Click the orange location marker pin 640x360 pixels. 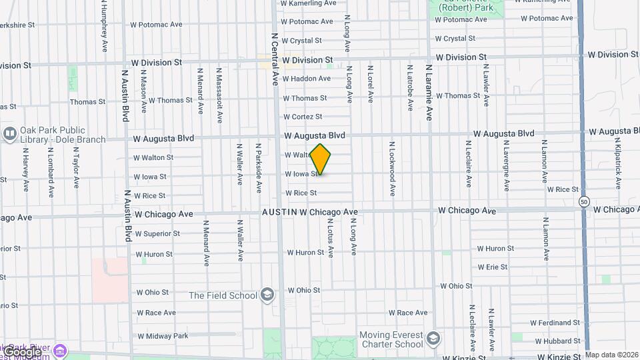coord(321,159)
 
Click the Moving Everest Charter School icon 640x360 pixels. coord(433,339)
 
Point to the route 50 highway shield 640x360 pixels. coord(584,201)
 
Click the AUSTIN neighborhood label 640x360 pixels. coord(279,212)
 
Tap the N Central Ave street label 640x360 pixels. coord(274,59)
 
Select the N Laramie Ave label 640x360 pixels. coord(429,91)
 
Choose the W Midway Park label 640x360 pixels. coord(162,335)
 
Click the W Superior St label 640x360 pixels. coord(157,234)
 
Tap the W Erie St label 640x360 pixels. coord(492,267)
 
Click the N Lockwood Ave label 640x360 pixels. coord(393,168)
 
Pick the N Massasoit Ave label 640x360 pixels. coord(219,95)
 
